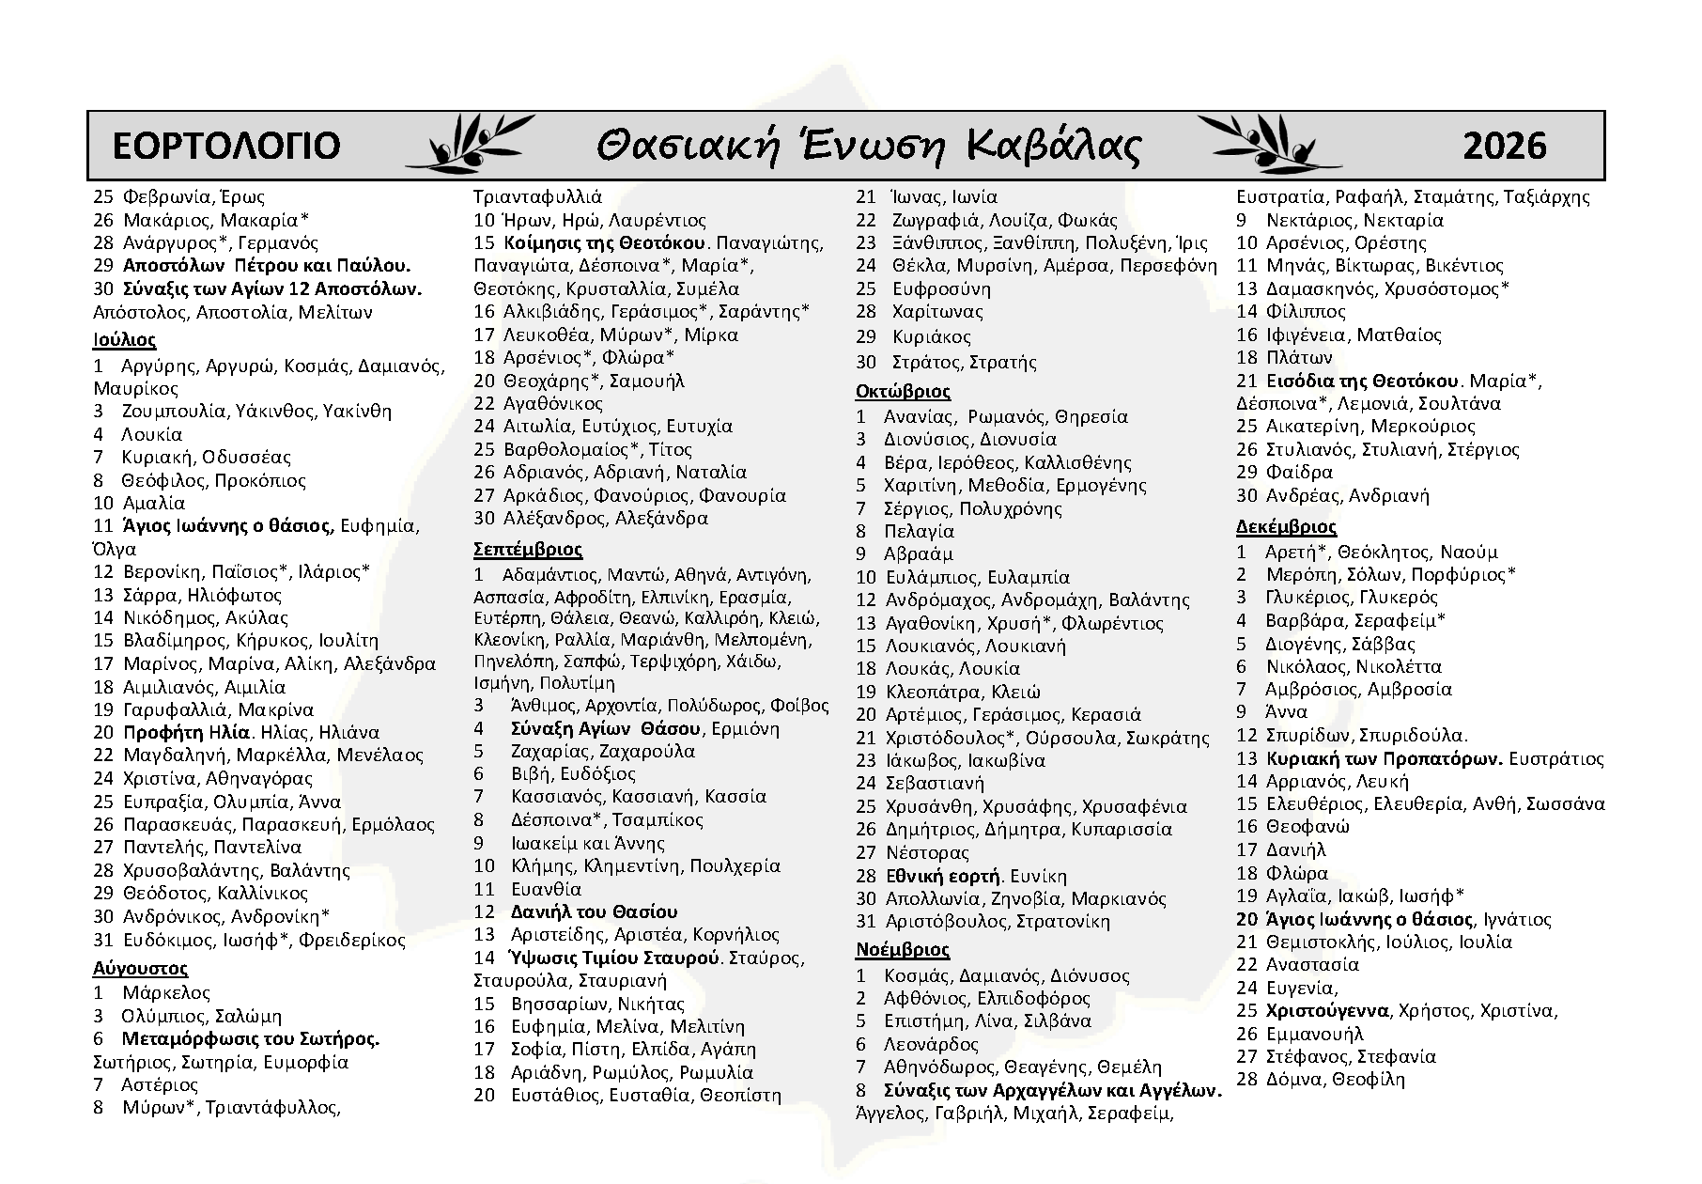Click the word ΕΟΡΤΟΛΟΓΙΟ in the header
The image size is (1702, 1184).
(x=225, y=146)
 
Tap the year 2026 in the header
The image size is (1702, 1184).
(x=1504, y=146)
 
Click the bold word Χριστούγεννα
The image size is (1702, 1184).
(x=1327, y=1011)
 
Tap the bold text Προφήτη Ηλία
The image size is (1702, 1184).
(x=187, y=732)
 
